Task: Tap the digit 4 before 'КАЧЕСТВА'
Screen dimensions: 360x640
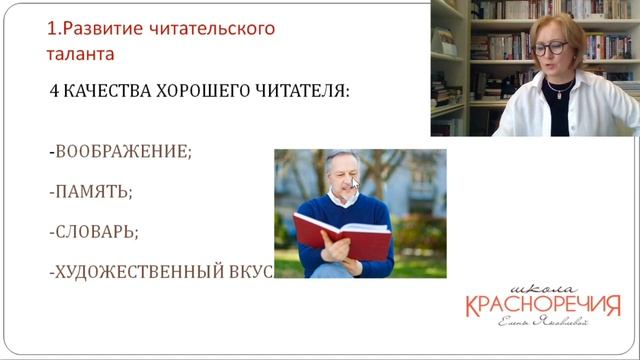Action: (54, 90)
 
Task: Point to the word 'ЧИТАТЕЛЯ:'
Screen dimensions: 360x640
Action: (299, 90)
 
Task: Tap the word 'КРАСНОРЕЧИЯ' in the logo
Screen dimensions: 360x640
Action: (542, 303)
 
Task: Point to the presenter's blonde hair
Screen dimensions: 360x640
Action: (560, 24)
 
